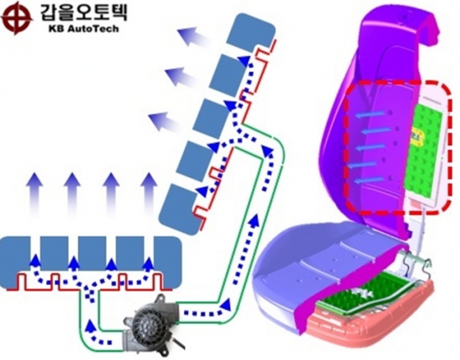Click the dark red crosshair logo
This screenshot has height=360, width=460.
pyautogui.click(x=16, y=18)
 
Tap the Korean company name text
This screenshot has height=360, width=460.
pyautogui.click(x=84, y=13)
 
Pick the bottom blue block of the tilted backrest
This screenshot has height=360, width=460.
pyautogui.click(x=180, y=209)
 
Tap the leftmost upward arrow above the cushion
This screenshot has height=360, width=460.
pyautogui.click(x=35, y=195)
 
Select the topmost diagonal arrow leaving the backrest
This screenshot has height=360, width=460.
pyautogui.click(x=195, y=36)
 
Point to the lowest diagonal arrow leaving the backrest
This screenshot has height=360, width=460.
pyautogui.click(x=166, y=122)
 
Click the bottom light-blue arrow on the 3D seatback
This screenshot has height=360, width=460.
pyautogui.click(x=369, y=180)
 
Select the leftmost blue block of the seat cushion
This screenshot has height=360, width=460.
pyautogui.click(x=15, y=261)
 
